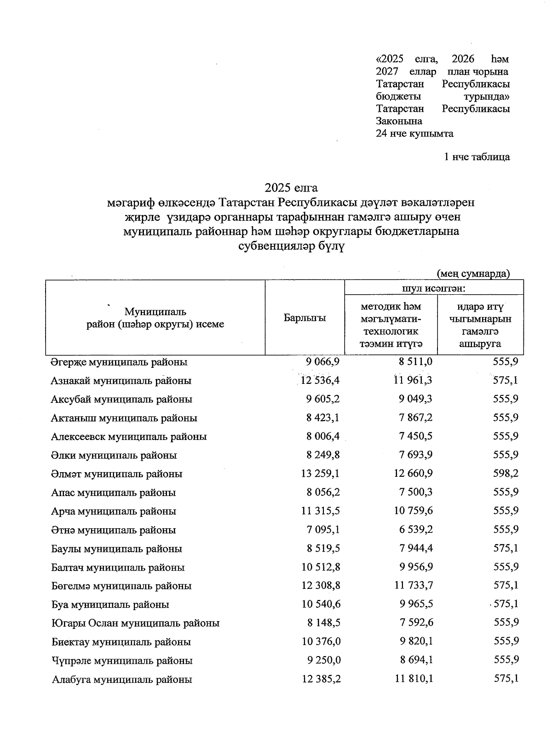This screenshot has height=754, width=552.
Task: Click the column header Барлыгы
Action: pyautogui.click(x=305, y=318)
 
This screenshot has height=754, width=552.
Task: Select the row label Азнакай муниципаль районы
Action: pyautogui.click(x=121, y=381)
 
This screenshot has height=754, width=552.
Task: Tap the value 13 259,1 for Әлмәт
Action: pyautogui.click(x=321, y=474)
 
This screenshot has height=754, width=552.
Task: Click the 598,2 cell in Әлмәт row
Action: pyautogui.click(x=506, y=474)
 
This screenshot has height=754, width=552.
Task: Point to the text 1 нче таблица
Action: pyautogui.click(x=477, y=157)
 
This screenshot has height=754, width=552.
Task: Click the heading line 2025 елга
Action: pyautogui.click(x=291, y=188)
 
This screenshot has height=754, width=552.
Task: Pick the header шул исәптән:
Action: pyautogui.click(x=434, y=289)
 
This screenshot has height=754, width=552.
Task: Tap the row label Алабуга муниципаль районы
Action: pyautogui.click(x=121, y=680)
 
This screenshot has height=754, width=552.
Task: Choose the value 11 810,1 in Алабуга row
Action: pyautogui.click(x=413, y=679)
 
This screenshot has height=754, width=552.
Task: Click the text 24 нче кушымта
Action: pyautogui.click(x=414, y=134)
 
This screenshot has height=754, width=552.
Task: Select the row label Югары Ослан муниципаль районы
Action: pyautogui.click(x=135, y=624)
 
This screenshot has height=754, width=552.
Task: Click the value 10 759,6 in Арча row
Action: pyautogui.click(x=413, y=511)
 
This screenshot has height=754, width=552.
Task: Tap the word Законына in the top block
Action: pyautogui.click(x=399, y=121)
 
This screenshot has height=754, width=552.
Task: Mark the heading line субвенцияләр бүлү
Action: pyautogui.click(x=291, y=246)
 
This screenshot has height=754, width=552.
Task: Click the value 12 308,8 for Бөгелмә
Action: pyautogui.click(x=321, y=586)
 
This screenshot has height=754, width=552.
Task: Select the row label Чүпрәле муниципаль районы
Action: pyautogui.click(x=122, y=661)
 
